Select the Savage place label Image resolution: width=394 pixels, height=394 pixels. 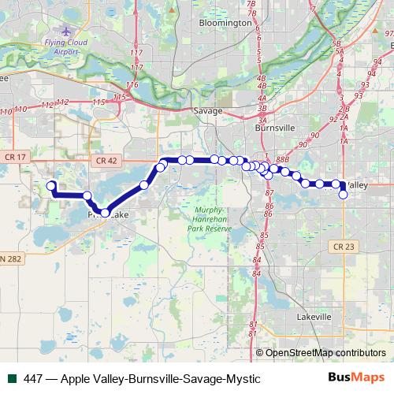point(210,111)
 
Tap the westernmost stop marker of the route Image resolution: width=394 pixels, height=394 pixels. point(52,186)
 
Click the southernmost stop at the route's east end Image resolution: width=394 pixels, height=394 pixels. point(343,195)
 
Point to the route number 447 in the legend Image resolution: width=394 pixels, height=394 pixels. point(32,379)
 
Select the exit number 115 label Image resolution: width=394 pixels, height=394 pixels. point(98,102)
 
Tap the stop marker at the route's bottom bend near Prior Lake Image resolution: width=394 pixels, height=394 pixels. point(106,212)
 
